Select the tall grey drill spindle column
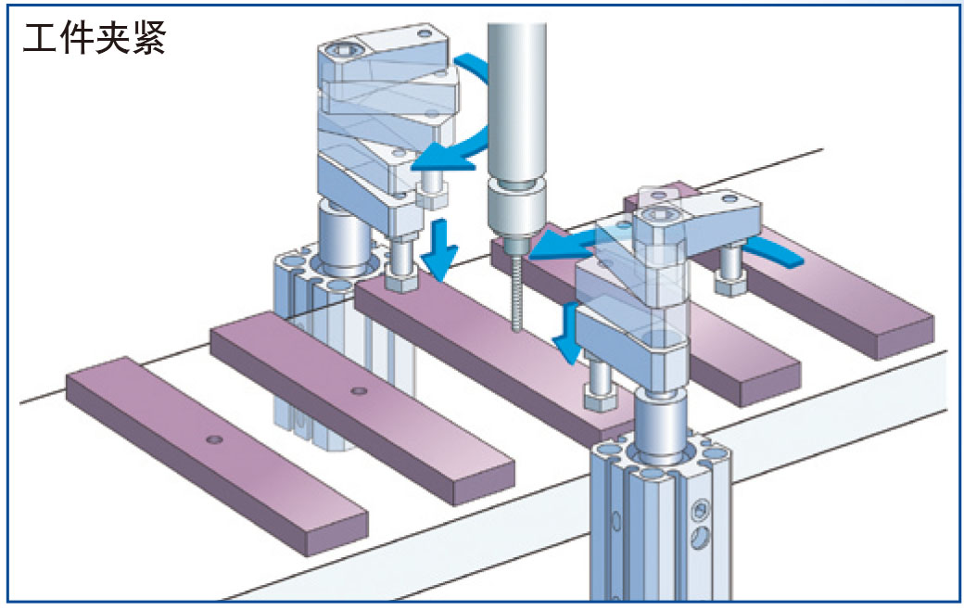[x=515, y=93]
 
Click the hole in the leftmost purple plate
[x=214, y=438]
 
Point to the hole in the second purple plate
[x=358, y=391]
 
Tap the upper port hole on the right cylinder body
[x=702, y=507]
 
